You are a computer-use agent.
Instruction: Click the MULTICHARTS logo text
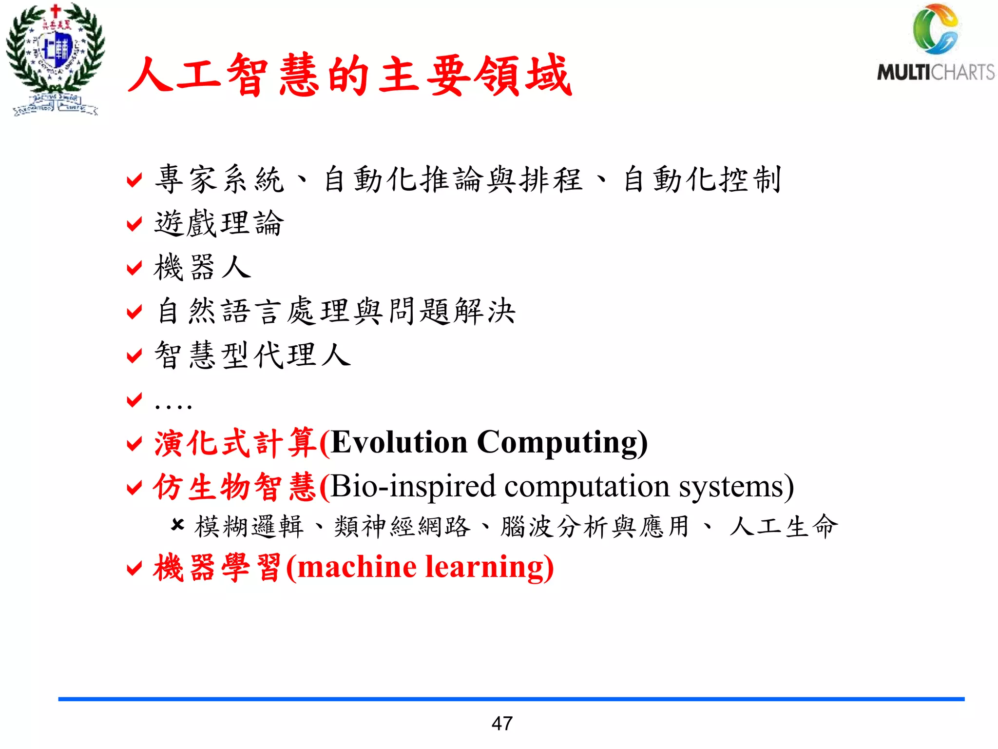(x=936, y=72)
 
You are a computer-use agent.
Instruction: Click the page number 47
(x=502, y=723)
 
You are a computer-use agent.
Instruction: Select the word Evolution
(x=399, y=442)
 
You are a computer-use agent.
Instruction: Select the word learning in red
(x=487, y=568)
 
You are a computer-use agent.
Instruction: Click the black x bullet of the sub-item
(x=177, y=525)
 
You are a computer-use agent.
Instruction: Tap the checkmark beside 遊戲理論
(x=134, y=224)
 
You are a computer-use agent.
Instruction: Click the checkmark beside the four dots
(x=134, y=399)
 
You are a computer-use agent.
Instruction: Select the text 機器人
(x=202, y=267)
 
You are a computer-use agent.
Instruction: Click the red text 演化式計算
(x=235, y=443)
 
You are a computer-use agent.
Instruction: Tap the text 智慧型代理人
(x=252, y=355)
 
